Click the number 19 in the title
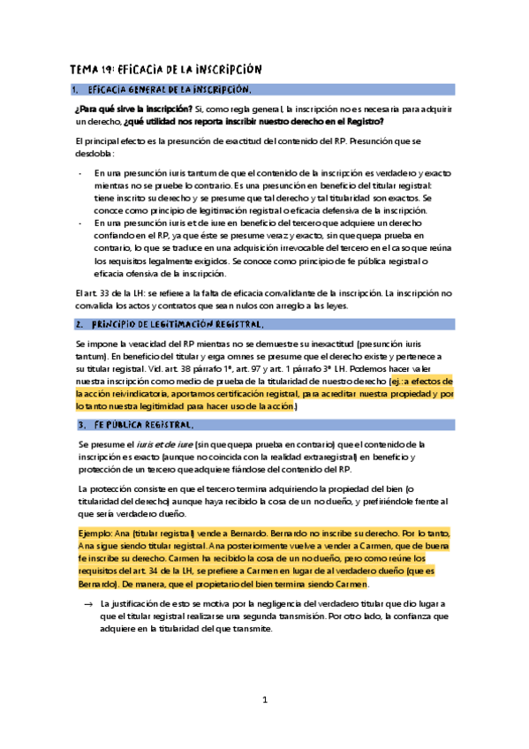(x=108, y=70)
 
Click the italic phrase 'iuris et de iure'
(x=172, y=443)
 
